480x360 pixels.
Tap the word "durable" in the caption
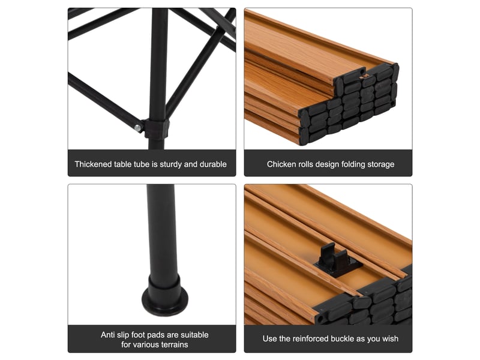[213, 164]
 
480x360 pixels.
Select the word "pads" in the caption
[157, 335]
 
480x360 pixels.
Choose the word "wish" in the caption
[390, 338]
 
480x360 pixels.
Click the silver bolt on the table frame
[138, 127]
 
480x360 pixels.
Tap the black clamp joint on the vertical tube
[157, 128]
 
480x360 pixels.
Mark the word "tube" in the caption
[142, 164]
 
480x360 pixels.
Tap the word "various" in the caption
[142, 344]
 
